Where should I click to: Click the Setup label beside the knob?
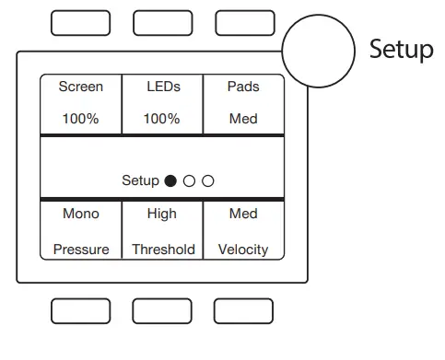coord(401,49)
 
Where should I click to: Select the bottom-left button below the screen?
coord(80,311)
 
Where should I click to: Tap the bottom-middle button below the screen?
coord(162,311)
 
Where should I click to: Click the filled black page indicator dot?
coord(170,181)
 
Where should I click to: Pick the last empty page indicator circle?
coord(208,181)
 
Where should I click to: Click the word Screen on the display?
coord(81,87)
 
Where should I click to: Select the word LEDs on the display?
coord(163,87)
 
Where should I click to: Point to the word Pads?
coord(243,87)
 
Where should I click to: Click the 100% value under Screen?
coord(81,119)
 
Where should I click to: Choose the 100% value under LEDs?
coord(163,119)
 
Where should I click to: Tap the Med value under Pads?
coord(243,119)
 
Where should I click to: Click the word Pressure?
coord(81,250)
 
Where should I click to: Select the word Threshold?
coord(163,250)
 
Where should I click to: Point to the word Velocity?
coord(243,250)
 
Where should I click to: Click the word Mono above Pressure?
coord(81,214)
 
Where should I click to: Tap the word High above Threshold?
coord(162,214)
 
